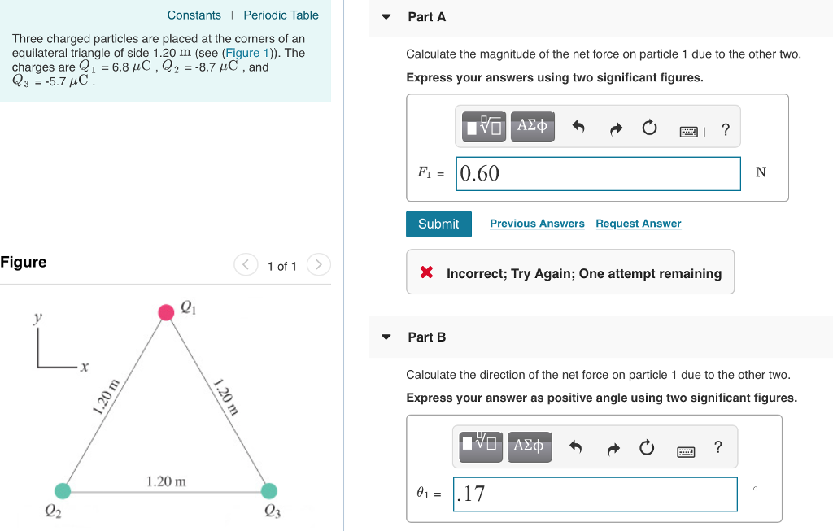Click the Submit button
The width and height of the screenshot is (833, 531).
point(438,224)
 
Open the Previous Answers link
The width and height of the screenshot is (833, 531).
point(537,224)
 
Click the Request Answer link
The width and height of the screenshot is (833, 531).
point(638,224)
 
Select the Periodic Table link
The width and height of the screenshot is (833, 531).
point(281,15)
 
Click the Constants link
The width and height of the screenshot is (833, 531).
point(194,15)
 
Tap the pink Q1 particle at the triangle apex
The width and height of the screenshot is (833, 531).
point(166,312)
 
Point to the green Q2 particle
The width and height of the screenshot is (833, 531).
point(63,490)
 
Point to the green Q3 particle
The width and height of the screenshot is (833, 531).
point(269,490)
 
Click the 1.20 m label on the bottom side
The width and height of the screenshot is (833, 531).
point(166,481)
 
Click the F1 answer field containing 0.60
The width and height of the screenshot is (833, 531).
point(598,173)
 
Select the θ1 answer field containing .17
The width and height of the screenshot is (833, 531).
point(595,494)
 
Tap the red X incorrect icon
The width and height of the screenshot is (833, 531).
point(426,273)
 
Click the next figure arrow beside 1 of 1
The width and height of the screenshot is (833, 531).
point(320,265)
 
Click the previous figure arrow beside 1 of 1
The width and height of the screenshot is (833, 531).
point(245,265)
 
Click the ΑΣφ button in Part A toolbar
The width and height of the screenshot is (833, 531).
point(532,127)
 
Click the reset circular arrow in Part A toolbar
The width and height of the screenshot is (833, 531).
point(648,128)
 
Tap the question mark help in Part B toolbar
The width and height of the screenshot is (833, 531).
point(717,447)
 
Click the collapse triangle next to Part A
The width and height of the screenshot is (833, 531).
point(386,17)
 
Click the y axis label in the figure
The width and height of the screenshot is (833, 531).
point(37,318)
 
